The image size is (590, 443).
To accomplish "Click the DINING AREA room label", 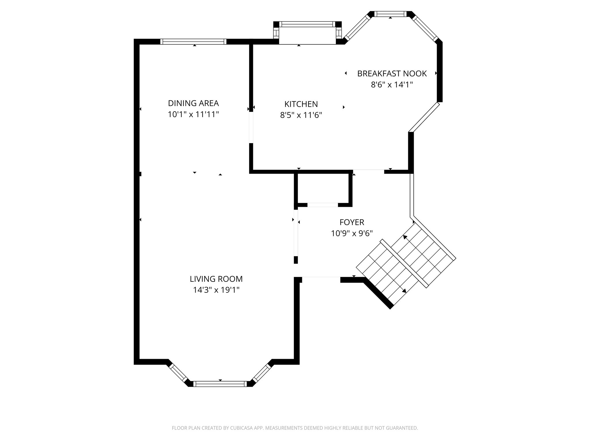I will pyautogui.click(x=193, y=103).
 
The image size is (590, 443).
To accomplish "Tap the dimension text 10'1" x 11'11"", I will pyautogui.click(x=193, y=114).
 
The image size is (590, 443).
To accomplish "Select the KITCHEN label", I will pyautogui.click(x=301, y=104).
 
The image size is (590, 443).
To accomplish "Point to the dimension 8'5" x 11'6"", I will pyautogui.click(x=301, y=115).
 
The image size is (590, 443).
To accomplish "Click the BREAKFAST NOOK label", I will pyautogui.click(x=392, y=74).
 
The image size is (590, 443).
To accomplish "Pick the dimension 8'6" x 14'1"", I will pyautogui.click(x=392, y=85).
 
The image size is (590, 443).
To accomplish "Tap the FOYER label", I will pyautogui.click(x=352, y=222).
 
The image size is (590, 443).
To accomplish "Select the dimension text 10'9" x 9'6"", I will pyautogui.click(x=352, y=233).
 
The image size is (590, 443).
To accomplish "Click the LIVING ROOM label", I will pyautogui.click(x=216, y=279).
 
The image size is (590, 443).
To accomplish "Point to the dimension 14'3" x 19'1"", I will pyautogui.click(x=216, y=290).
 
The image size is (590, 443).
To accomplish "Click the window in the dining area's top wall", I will pyautogui.click(x=193, y=42).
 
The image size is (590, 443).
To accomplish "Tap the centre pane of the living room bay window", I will pyautogui.click(x=220, y=384).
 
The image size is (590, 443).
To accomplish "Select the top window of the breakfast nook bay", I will pyautogui.click(x=390, y=14).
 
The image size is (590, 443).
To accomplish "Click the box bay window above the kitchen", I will pyautogui.click(x=307, y=33).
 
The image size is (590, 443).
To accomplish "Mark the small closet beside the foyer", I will pyautogui.click(x=323, y=189).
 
